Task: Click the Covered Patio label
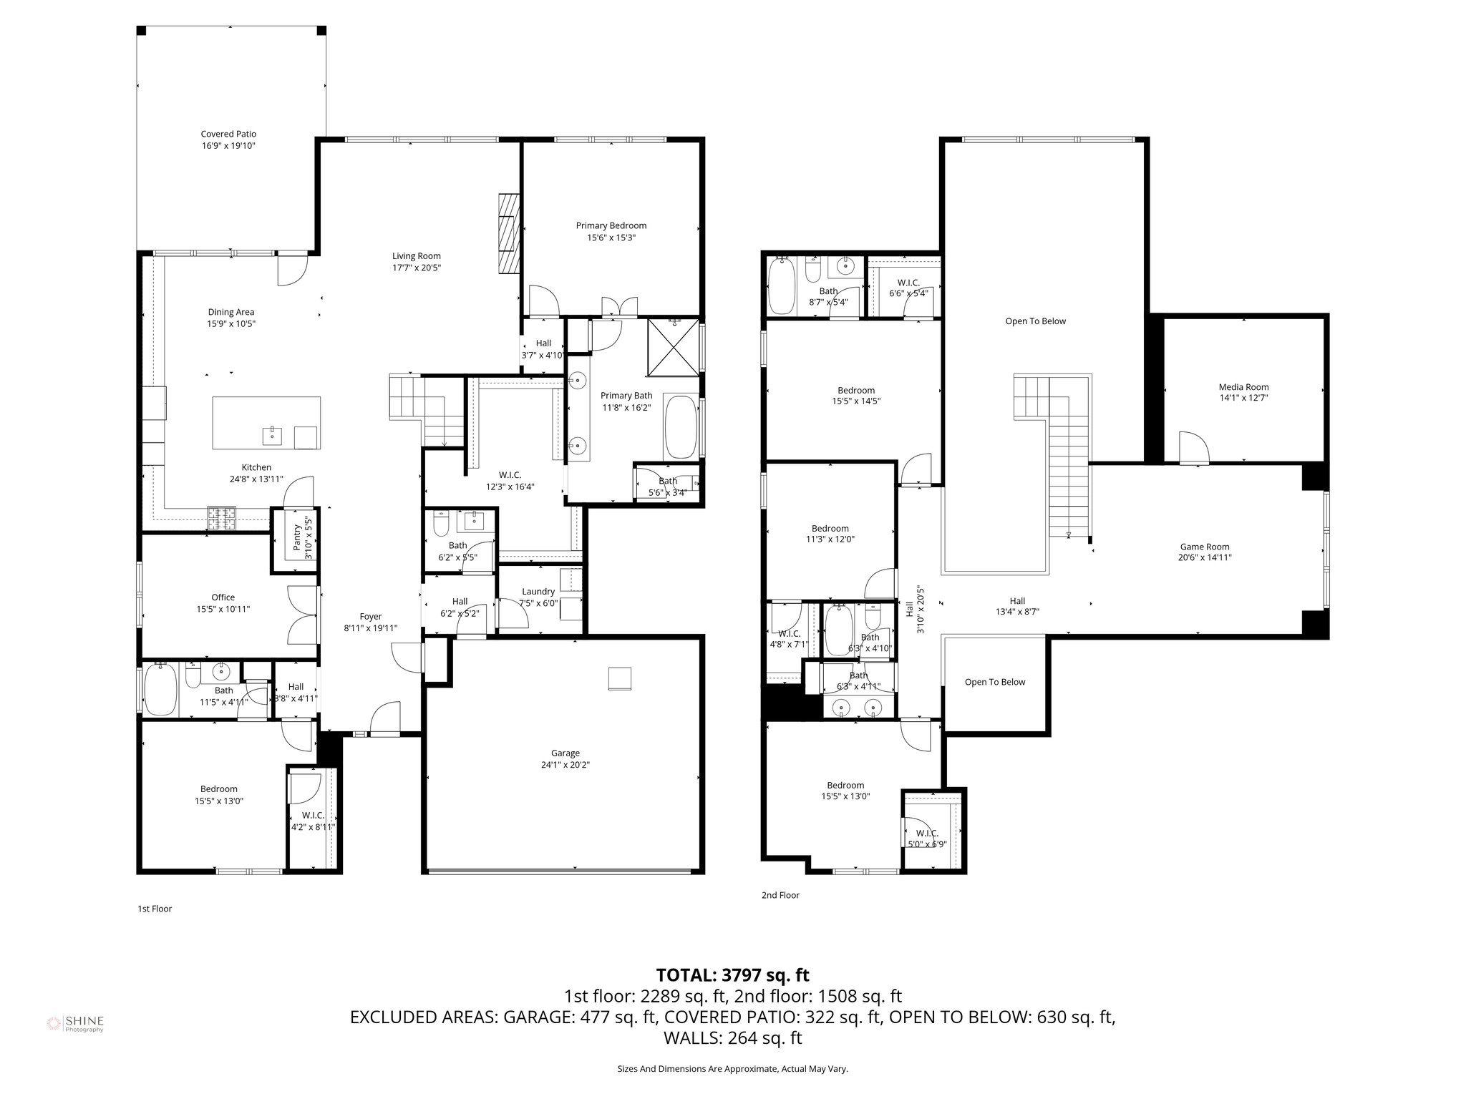point(228,134)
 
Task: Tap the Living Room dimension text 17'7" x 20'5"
point(416,268)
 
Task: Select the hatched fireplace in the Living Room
point(508,233)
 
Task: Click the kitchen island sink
point(273,434)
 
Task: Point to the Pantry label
point(297,537)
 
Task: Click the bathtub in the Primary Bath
point(680,426)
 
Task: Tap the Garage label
point(565,753)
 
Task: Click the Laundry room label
point(538,592)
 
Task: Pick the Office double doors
point(302,614)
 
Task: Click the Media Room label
point(1243,387)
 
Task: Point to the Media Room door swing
point(1193,448)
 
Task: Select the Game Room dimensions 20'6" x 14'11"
point(1205,557)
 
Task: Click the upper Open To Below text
point(1035,321)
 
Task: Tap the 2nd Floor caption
point(780,895)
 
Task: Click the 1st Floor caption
point(155,909)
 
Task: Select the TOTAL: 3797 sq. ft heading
point(732,975)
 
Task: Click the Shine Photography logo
point(75,1024)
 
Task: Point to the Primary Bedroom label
point(611,225)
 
